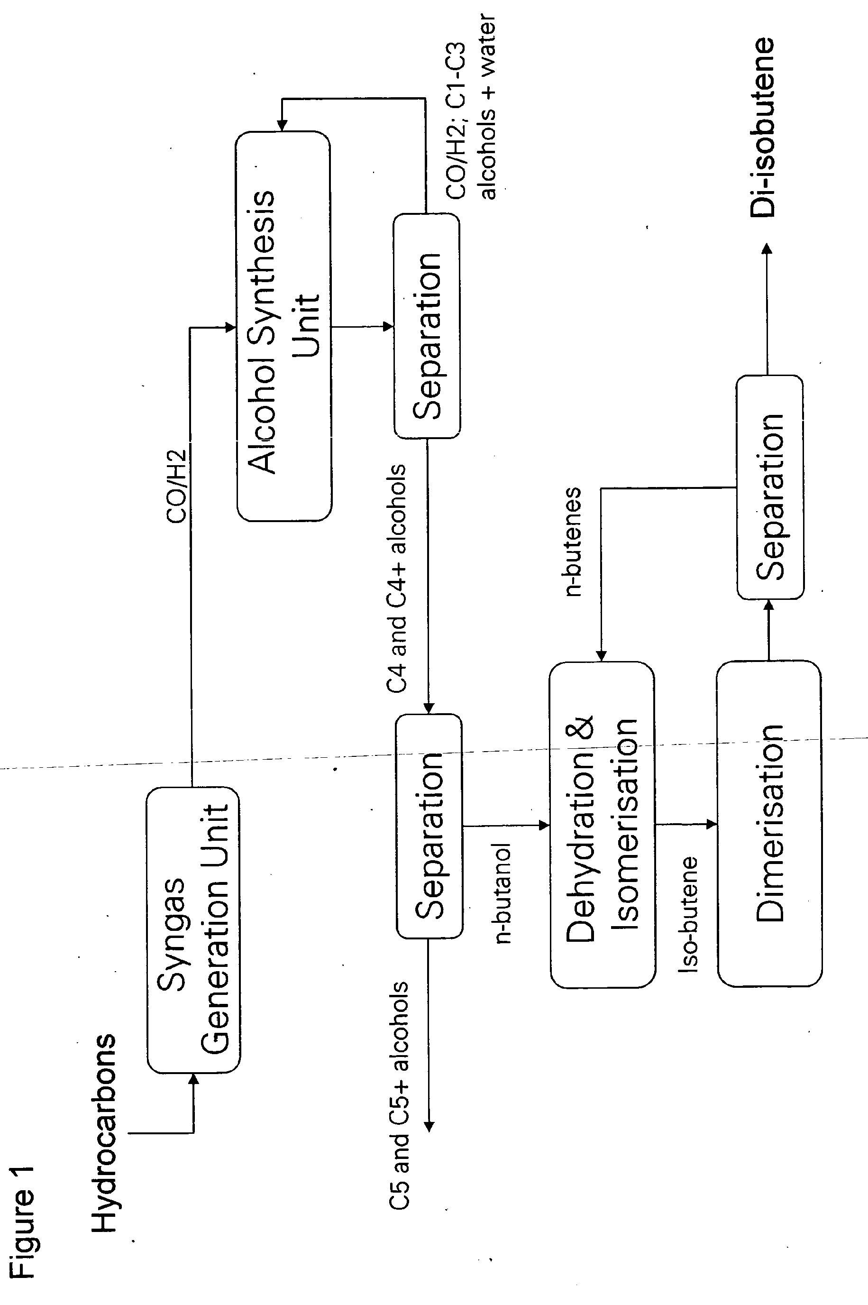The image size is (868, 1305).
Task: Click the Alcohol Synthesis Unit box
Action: point(283,326)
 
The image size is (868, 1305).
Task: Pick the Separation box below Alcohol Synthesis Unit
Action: point(427,327)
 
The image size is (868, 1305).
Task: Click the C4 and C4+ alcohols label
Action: point(397,578)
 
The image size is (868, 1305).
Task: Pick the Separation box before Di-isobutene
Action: point(770,487)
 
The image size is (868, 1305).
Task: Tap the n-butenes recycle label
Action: point(573,541)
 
